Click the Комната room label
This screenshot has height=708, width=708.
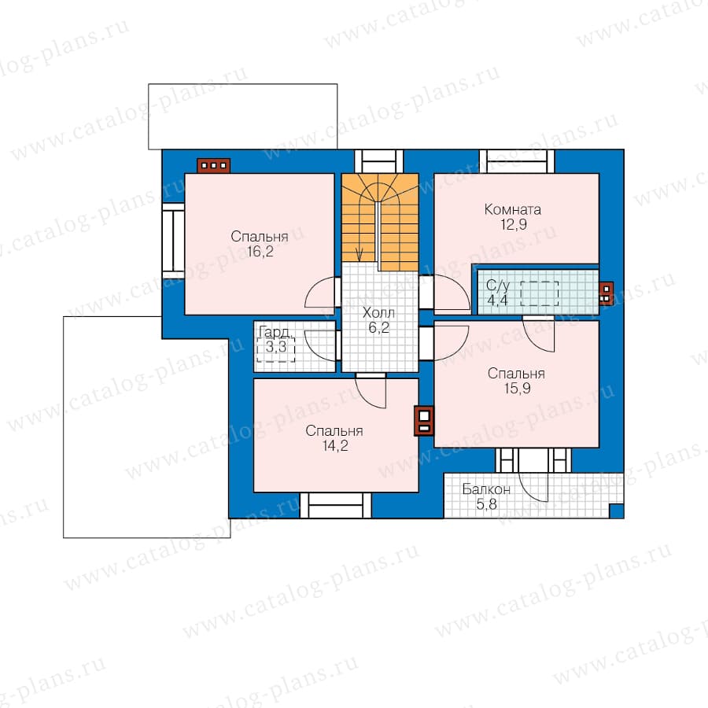point(512,209)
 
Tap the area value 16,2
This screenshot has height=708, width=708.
point(260,252)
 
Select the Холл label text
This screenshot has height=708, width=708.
point(378,312)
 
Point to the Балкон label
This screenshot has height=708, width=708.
point(486,489)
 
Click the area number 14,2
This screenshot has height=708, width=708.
point(335,446)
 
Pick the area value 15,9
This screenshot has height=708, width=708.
point(518,388)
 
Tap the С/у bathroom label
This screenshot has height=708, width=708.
point(498,286)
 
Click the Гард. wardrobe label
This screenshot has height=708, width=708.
point(275,332)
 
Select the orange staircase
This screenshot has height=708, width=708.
point(380,222)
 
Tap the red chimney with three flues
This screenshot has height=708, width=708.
point(213,165)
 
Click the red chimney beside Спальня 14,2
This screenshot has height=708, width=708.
point(424,421)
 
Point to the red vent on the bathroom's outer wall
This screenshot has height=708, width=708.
point(606,293)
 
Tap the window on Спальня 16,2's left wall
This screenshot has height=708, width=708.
point(173,237)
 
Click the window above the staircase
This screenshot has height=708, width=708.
point(379,161)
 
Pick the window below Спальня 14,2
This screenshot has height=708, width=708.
point(335,505)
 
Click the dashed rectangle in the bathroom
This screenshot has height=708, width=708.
point(540,293)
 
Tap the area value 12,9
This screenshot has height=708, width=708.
point(514,224)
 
